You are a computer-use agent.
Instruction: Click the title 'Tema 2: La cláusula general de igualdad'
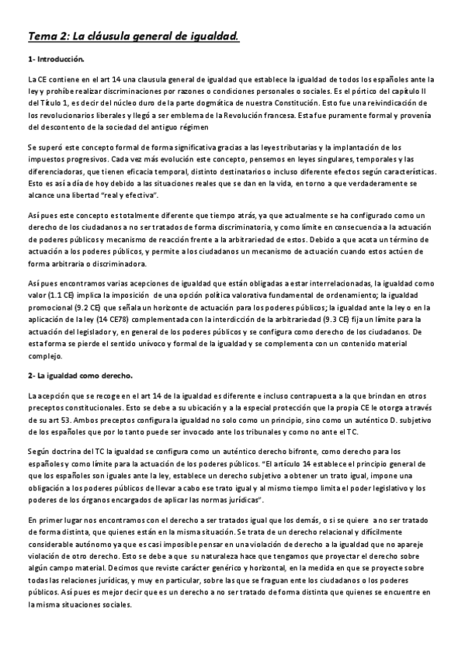[133, 36]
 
